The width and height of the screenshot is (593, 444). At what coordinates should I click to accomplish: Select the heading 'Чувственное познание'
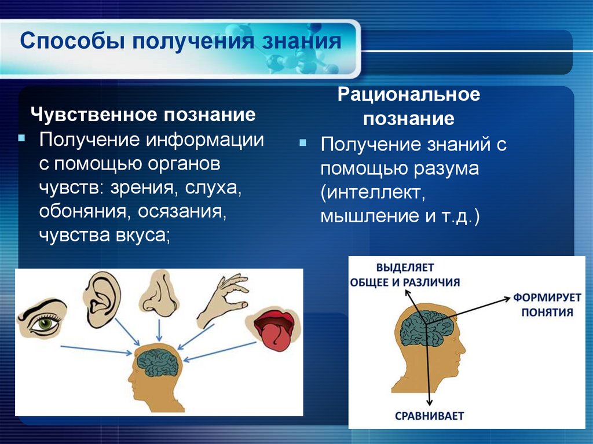[143, 115]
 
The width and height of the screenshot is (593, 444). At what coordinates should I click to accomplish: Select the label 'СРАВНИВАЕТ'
[429, 416]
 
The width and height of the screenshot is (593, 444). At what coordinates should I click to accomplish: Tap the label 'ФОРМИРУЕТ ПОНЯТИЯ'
[539, 306]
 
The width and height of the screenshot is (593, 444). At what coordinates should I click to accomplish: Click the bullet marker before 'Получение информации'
[21, 140]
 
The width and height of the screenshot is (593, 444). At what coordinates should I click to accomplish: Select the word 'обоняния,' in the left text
[85, 211]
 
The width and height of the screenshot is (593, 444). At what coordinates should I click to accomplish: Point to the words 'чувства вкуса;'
[105, 236]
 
